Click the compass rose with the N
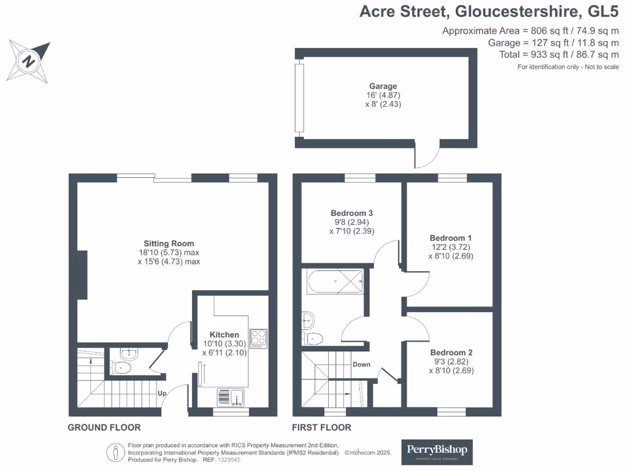point(28,61)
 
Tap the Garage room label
point(383,86)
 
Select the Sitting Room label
point(169,243)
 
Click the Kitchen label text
point(224,334)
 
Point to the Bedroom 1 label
point(451,238)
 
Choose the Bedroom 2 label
point(451,353)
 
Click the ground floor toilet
point(122,367)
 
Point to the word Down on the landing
point(361,364)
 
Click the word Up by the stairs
point(163,393)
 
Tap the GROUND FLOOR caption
point(104,427)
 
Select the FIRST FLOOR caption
point(321,427)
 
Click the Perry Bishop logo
point(437,451)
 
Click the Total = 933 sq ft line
point(559,54)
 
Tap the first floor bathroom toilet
point(313,337)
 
